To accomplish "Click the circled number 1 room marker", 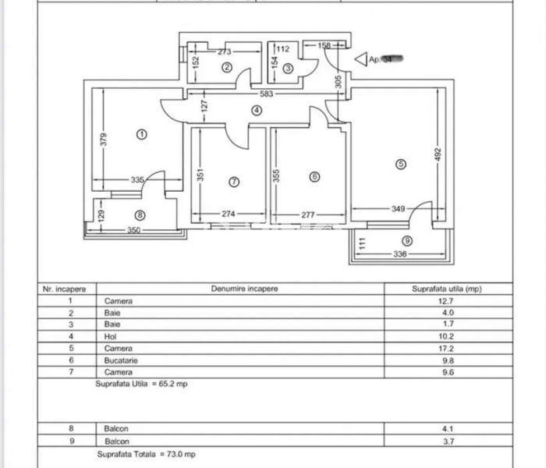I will click(141, 134).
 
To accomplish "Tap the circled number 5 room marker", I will click(401, 165).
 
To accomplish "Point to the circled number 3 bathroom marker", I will click(288, 69).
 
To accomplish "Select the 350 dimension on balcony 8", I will click(134, 230).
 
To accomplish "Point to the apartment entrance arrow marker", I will click(360, 58).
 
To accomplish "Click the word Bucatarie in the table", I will click(121, 360).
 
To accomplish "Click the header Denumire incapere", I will click(244, 289).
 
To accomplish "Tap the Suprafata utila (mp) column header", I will click(447, 289).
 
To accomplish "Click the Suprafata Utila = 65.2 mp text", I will click(142, 384).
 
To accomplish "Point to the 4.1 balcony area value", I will click(448, 428).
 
